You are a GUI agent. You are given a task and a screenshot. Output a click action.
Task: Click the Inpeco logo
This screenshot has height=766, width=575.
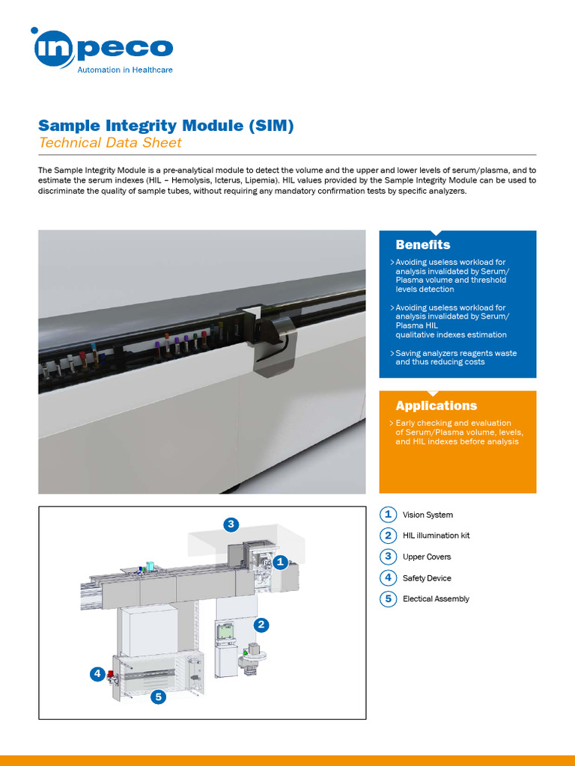pos(103,47)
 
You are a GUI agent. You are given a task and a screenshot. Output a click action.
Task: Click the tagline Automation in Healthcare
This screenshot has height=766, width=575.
pos(125,70)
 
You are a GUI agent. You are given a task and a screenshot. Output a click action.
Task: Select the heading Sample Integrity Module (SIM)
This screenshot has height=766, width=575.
pos(165,125)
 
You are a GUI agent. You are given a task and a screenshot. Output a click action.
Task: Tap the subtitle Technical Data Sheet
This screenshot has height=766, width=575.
pos(110,142)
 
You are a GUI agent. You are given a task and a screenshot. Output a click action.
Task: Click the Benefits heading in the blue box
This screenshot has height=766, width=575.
pos(423,245)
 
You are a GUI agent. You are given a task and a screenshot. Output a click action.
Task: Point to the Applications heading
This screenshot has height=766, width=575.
pos(436,405)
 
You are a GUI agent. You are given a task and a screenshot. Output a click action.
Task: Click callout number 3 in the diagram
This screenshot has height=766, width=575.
pos(231,524)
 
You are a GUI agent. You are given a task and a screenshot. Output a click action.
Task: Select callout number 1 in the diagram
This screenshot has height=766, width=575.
pos(279,561)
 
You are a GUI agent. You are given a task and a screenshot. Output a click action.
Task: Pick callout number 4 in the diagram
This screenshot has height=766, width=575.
pos(97,674)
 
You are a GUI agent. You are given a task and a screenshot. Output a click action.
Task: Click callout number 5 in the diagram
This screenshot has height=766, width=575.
pos(158,697)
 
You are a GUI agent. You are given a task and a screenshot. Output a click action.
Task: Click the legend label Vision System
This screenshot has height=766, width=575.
pos(428,515)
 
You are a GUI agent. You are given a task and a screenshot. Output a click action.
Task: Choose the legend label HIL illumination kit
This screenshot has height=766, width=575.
pos(436,536)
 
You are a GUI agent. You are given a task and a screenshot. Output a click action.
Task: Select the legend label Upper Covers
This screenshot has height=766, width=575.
pos(427,557)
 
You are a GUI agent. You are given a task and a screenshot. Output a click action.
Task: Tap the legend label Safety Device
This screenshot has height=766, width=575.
pos(427,577)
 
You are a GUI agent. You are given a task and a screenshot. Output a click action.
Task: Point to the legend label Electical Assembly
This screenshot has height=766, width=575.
pos(436,598)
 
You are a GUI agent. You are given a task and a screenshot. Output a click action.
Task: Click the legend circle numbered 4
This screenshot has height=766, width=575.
pos(388,577)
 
